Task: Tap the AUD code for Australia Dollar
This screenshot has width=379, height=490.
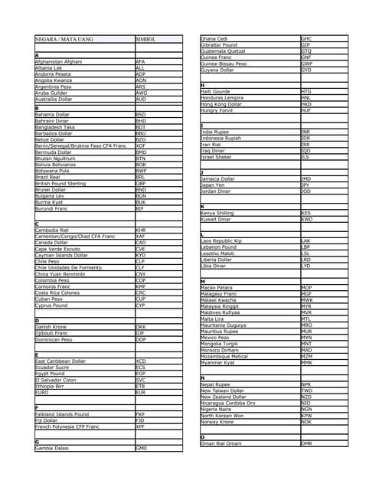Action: pos(141,99)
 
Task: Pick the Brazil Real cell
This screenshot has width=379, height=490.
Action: pos(51,176)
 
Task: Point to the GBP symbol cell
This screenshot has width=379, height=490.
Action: pos(141,184)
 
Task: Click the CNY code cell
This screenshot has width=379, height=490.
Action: pos(141,273)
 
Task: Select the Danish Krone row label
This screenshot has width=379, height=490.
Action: pos(52,327)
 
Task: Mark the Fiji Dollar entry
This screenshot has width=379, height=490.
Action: pos(47,420)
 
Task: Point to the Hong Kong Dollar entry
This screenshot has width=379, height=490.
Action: pos(224,104)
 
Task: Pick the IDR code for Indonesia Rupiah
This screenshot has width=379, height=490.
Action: pos(306,138)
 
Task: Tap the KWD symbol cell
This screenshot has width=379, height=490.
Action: pos(307,219)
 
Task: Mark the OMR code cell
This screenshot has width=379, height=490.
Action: pos(307,443)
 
